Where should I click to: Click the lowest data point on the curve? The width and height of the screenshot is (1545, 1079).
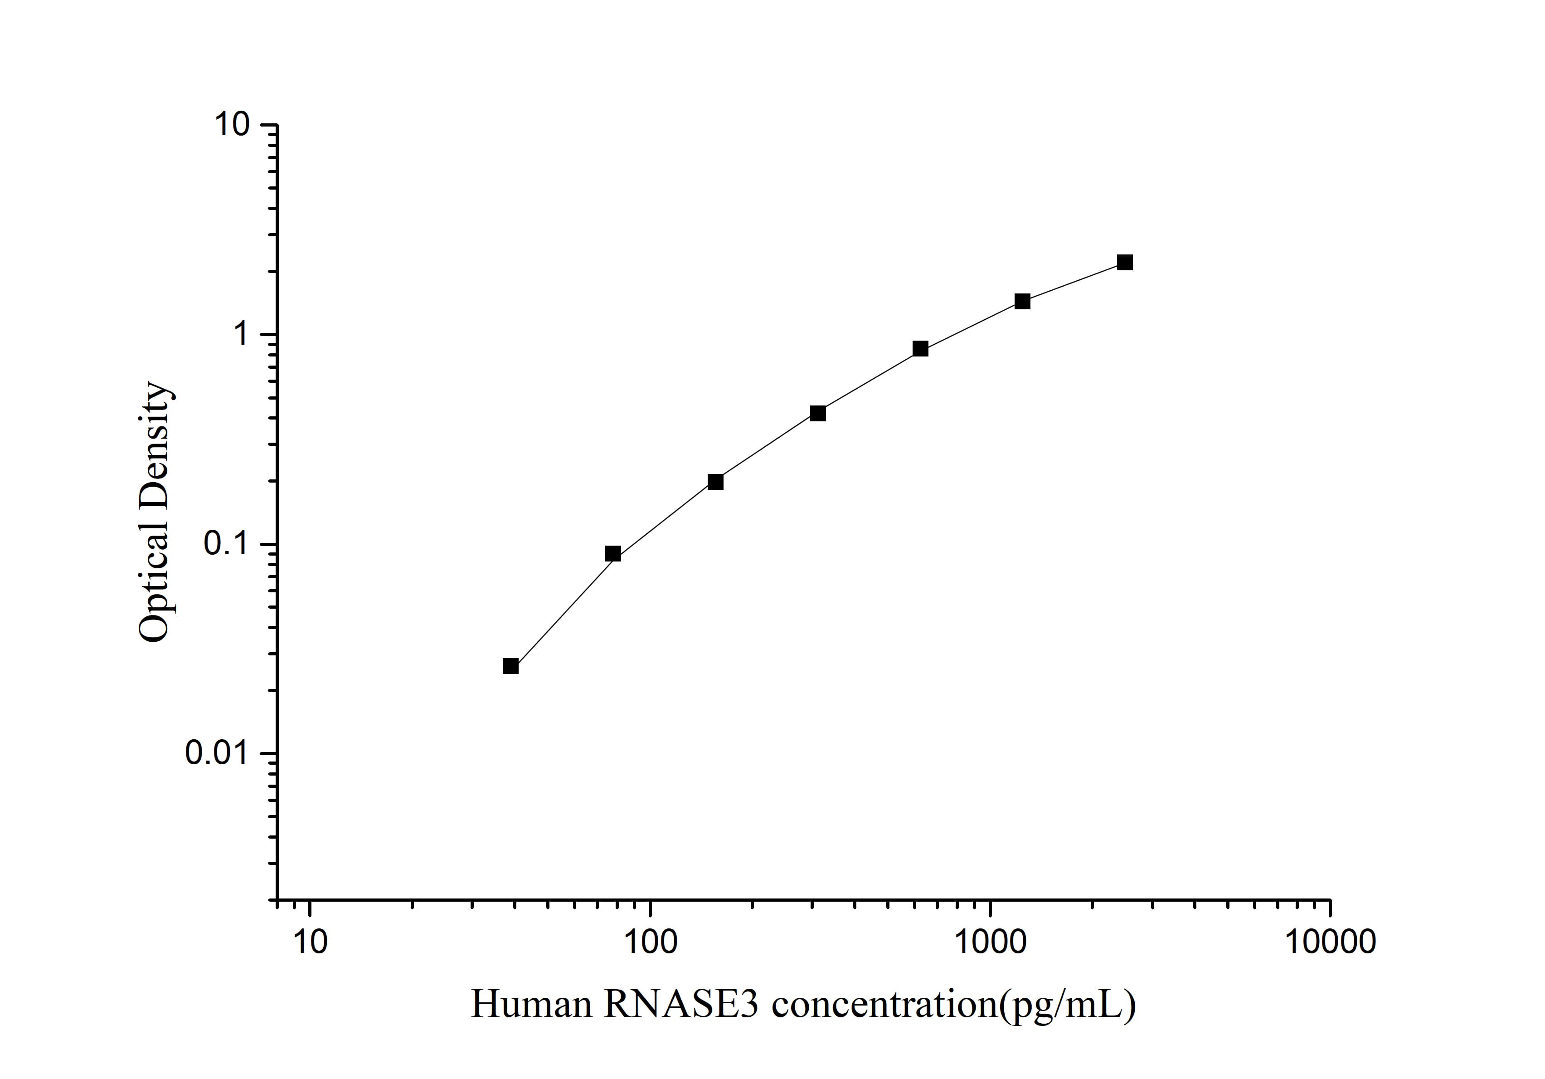(x=511, y=666)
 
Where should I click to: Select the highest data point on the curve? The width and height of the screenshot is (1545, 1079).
(x=1124, y=263)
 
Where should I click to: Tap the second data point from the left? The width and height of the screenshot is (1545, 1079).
(x=613, y=554)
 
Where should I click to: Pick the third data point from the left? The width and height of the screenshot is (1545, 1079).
(x=715, y=482)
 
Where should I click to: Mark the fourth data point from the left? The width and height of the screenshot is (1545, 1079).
(x=817, y=413)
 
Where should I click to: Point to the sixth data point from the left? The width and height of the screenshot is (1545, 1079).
(x=1022, y=302)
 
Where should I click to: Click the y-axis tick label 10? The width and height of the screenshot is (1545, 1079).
(x=232, y=125)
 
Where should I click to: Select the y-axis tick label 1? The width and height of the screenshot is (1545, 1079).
(x=241, y=335)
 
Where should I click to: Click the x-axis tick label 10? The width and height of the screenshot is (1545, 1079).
(x=310, y=942)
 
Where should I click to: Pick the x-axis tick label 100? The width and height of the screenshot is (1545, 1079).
(x=650, y=942)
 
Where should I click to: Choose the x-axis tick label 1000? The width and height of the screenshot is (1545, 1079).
(x=991, y=942)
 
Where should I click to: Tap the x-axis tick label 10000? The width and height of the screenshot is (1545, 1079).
(x=1331, y=942)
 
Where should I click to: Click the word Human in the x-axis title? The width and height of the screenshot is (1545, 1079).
(x=531, y=1005)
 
